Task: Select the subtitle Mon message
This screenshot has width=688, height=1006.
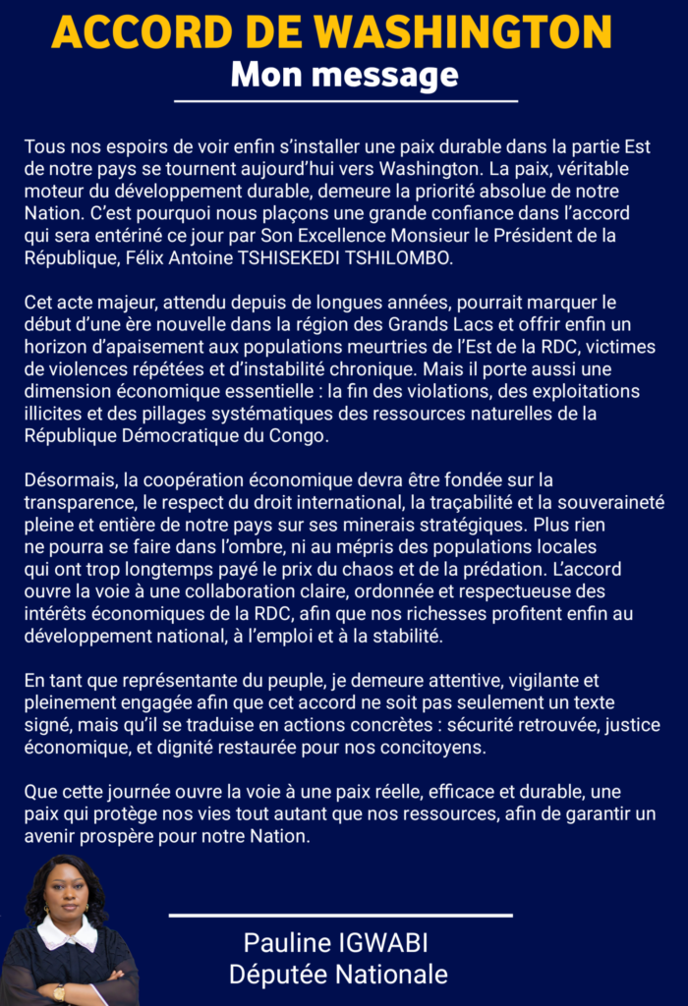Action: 344,74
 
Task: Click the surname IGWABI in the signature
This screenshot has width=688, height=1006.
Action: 378,944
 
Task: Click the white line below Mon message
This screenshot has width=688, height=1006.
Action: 345,100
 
